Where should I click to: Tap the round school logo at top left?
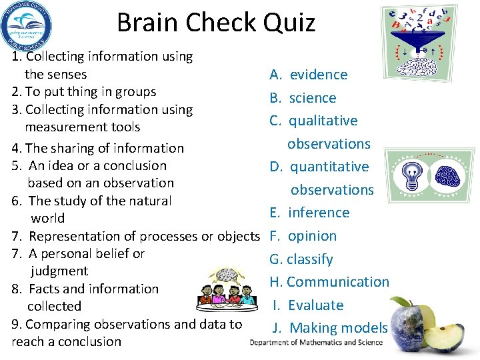27,26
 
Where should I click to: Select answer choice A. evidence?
309,75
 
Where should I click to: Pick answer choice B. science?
303,98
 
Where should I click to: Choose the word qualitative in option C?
323,121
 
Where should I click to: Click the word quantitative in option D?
329,167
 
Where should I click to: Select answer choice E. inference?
310,213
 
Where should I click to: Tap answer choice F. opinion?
303,236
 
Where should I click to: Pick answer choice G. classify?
301,259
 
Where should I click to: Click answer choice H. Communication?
329,282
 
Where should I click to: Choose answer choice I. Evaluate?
308,305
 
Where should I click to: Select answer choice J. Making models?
331,328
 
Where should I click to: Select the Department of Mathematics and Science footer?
317,343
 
